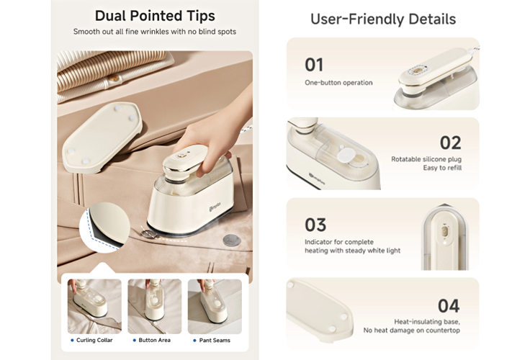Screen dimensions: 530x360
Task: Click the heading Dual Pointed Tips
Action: tap(155, 16)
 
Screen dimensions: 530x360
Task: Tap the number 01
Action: tap(314, 65)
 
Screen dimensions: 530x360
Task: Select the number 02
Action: tap(450, 143)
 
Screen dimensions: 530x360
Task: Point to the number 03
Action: tap(315, 225)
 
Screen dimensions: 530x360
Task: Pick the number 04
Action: tap(449, 306)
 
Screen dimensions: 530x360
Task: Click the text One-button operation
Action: tap(338, 83)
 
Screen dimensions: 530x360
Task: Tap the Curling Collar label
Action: tap(94, 340)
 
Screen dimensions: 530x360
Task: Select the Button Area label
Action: tap(155, 340)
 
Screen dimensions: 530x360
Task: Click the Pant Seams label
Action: tap(215, 340)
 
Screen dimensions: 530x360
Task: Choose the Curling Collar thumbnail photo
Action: tap(94, 306)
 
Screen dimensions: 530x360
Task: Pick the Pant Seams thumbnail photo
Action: tap(215, 306)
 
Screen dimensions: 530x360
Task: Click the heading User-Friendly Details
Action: tap(383, 19)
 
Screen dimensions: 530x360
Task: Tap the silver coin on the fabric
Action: tap(232, 241)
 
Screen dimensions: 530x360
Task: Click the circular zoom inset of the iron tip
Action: tap(105, 227)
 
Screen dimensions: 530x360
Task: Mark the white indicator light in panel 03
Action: tap(444, 242)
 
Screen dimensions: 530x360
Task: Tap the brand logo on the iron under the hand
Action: tap(215, 206)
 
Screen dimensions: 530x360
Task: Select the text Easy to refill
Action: tap(442, 168)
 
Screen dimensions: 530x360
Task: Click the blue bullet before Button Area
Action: tap(135, 341)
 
